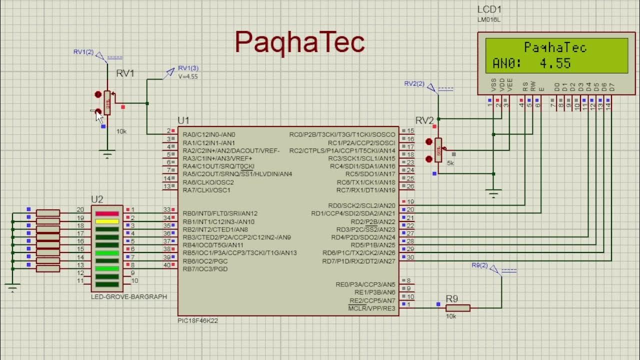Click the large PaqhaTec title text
click(x=299, y=42)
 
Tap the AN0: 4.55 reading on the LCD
click(x=531, y=63)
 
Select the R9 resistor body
click(x=457, y=308)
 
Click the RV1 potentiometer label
click(x=125, y=73)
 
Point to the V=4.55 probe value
click(x=188, y=76)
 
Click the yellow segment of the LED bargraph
click(x=107, y=221)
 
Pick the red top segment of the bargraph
click(x=107, y=213)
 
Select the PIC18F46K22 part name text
click(x=197, y=320)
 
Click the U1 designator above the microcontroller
click(x=183, y=120)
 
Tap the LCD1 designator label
click(x=489, y=9)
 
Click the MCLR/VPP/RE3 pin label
click(x=371, y=308)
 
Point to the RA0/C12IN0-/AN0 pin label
click(x=209, y=134)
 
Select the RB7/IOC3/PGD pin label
click(x=206, y=269)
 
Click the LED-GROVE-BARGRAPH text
click(x=129, y=296)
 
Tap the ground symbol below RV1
click(x=107, y=154)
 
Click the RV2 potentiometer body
click(x=438, y=150)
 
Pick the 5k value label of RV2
click(x=450, y=163)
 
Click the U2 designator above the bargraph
click(x=97, y=199)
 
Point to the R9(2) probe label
click(x=479, y=265)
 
